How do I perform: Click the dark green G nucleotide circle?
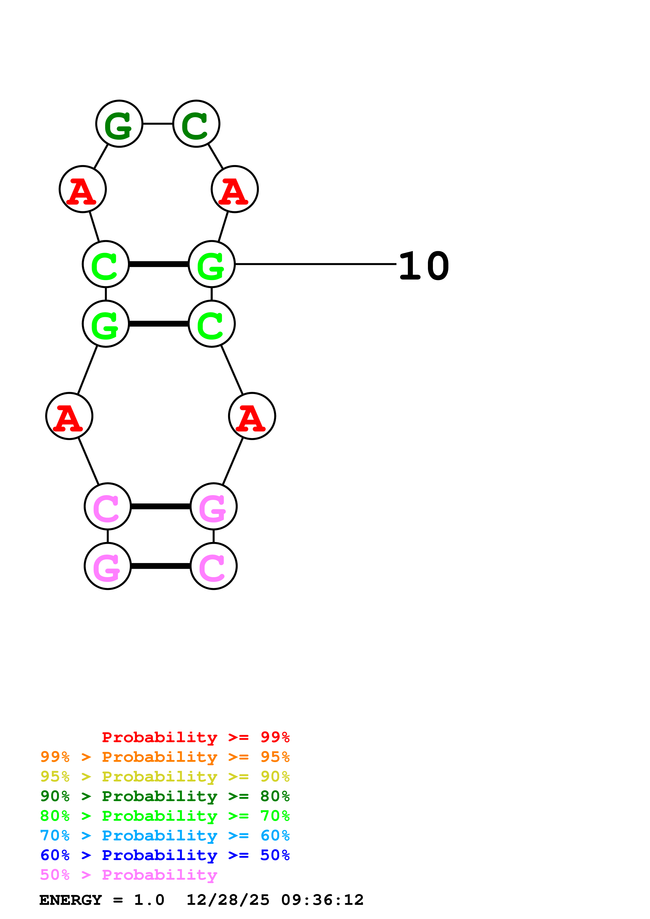pyautogui.click(x=119, y=124)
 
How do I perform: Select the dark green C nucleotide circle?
pyautogui.click(x=196, y=124)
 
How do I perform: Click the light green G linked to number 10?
pyautogui.click(x=211, y=264)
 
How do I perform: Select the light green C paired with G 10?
pyautogui.click(x=106, y=264)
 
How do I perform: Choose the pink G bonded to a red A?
pyautogui.click(x=213, y=506)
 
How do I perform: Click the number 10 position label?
pyautogui.click(x=424, y=266)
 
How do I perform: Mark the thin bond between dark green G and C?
pyautogui.click(x=158, y=124)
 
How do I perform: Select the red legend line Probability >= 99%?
pyautogui.click(x=195, y=737)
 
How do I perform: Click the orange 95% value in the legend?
pyautogui.click(x=275, y=757)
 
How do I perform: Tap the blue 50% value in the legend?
pyautogui.click(x=275, y=855)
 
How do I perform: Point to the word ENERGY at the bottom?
pyautogui.click(x=71, y=900)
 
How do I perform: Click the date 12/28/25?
pyautogui.click(x=228, y=900)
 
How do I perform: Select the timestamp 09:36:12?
pyautogui.click(x=323, y=900)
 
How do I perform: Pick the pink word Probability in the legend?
pyautogui.click(x=159, y=875)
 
